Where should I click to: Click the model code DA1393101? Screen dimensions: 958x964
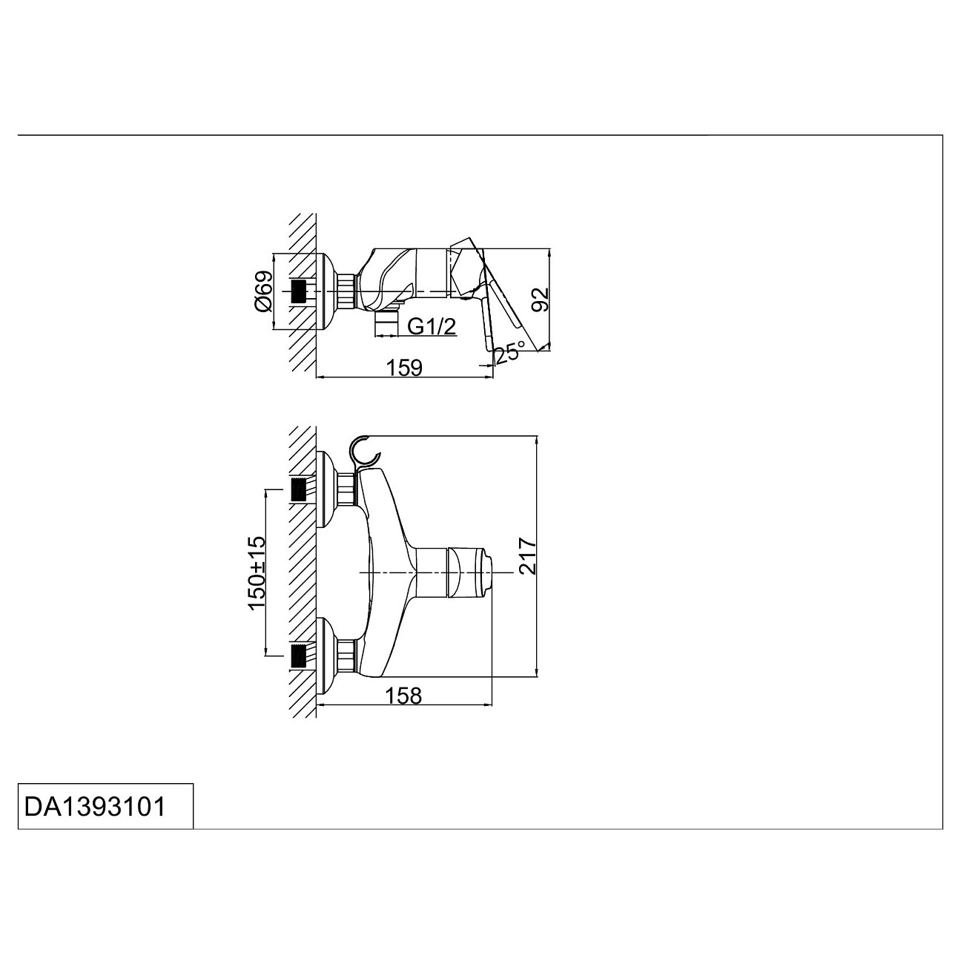[95, 806]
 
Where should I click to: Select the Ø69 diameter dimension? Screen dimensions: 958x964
[263, 292]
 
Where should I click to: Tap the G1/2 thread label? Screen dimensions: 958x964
[432, 327]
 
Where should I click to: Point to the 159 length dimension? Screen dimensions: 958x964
[404, 368]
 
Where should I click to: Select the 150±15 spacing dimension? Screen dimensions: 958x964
[257, 572]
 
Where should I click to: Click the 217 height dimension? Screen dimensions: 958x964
[527, 556]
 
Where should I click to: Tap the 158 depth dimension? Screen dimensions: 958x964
[403, 696]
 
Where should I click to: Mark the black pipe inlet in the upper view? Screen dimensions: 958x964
[299, 291]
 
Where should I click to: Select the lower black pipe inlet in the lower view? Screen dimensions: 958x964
[299, 656]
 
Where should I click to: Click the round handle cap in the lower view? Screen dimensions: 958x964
[469, 572]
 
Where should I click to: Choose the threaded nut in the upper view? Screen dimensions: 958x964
[346, 291]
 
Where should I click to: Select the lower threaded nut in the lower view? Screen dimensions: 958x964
[346, 656]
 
